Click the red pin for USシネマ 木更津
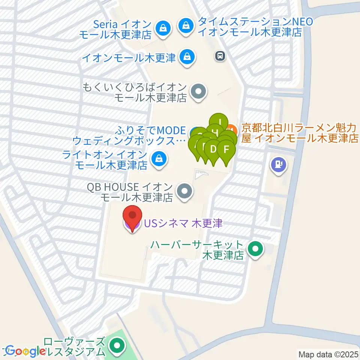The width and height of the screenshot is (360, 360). (x=133, y=218)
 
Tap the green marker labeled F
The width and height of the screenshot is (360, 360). (x=226, y=150)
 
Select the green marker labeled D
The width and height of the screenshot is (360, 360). (x=213, y=150)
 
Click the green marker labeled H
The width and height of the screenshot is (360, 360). (x=215, y=132)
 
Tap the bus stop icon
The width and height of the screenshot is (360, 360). (x=220, y=56)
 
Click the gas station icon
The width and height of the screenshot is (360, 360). (x=279, y=164)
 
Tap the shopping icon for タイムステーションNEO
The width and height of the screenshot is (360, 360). (x=186, y=26)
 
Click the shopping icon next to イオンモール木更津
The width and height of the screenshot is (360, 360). (x=186, y=57)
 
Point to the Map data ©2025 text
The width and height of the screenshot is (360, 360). (x=328, y=354)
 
